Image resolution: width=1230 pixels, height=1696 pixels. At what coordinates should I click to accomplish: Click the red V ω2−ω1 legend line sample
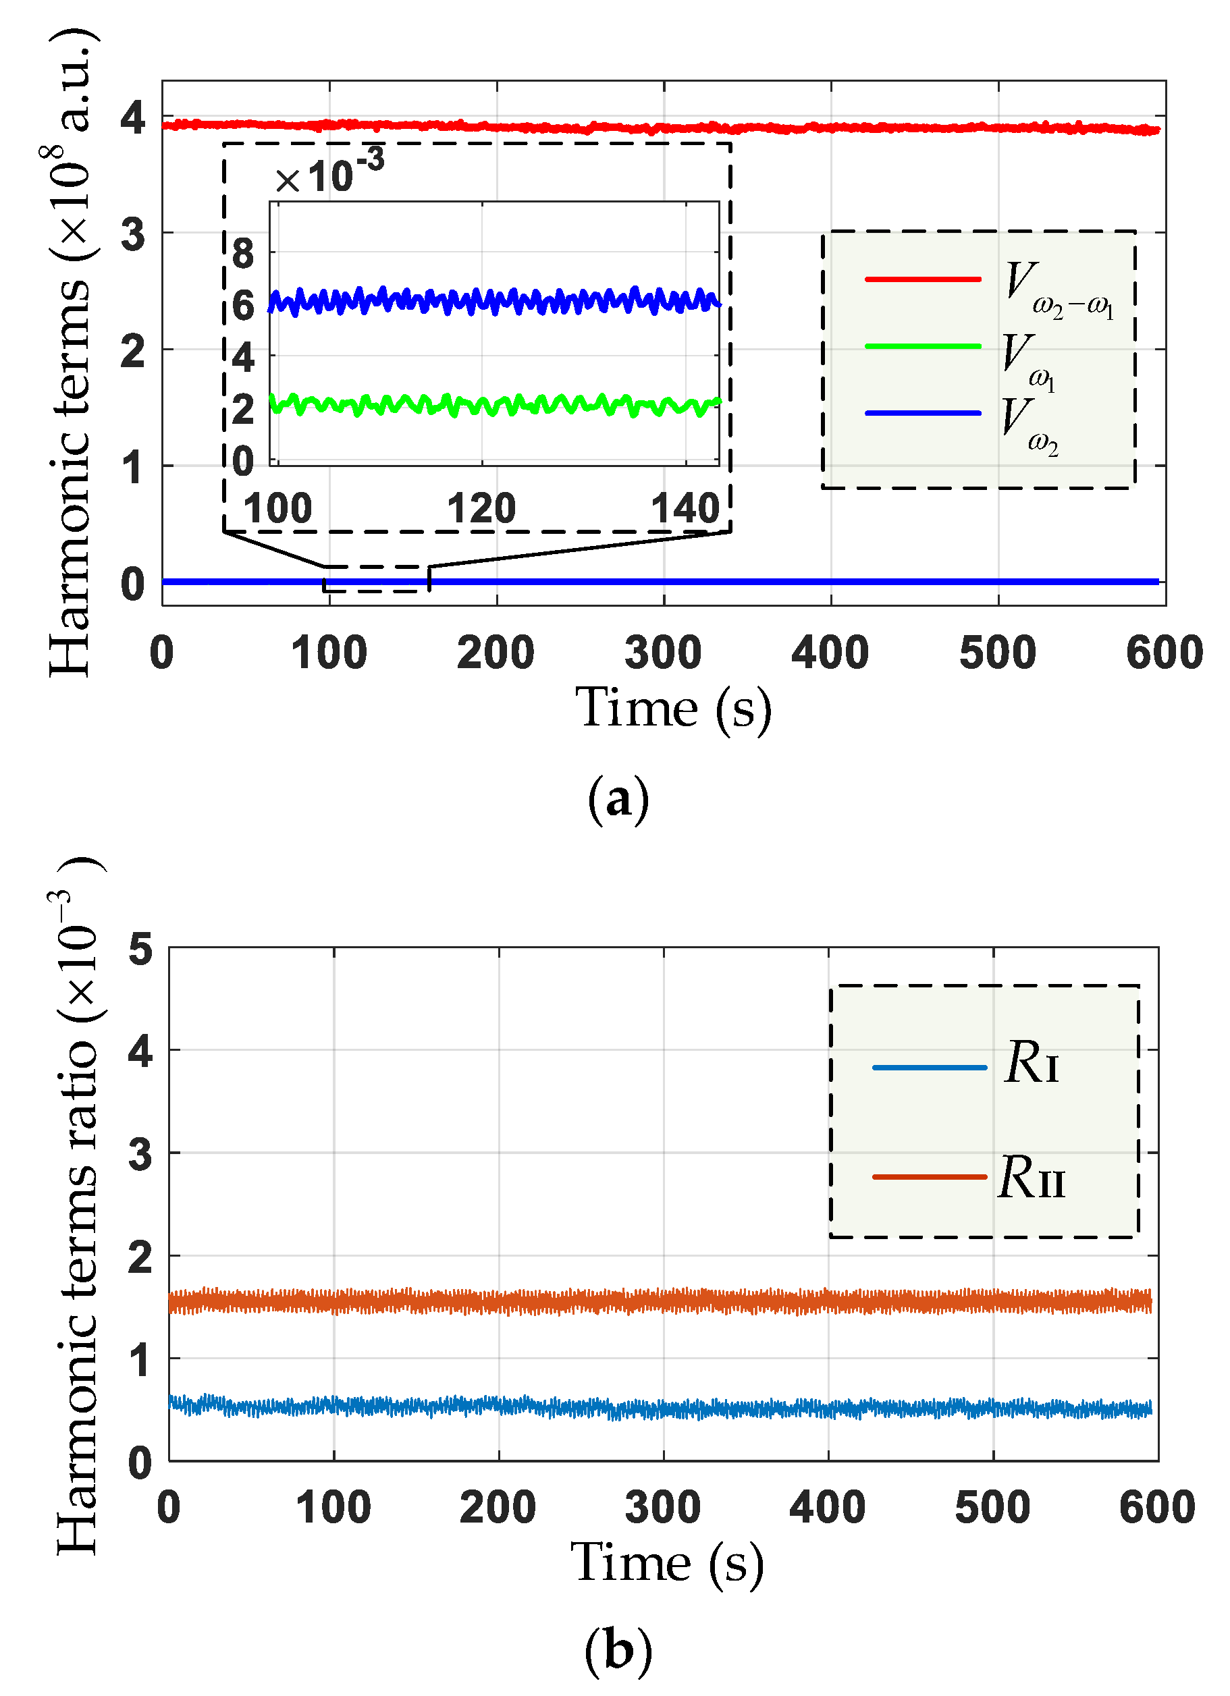click(x=921, y=279)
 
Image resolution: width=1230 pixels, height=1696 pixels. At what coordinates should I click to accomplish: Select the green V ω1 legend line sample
click(x=921, y=346)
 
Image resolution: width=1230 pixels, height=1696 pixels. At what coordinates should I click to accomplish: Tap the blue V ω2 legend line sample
click(x=921, y=413)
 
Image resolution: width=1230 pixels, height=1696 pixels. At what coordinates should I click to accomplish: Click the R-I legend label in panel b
click(x=1031, y=1063)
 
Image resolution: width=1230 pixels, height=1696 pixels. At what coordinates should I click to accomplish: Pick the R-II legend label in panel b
click(x=1031, y=1178)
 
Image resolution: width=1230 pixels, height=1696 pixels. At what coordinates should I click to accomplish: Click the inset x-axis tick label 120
click(x=481, y=508)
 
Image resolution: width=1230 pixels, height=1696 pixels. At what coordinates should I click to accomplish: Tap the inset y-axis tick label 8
click(x=243, y=254)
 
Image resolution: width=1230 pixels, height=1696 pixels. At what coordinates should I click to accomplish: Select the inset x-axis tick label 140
click(x=685, y=508)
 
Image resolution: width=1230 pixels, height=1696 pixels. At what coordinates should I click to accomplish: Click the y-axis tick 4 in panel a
click(x=133, y=118)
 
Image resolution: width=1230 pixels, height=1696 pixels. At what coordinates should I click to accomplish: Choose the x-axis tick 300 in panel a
click(x=663, y=653)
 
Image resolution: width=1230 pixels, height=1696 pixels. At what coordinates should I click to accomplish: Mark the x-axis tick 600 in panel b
click(x=1156, y=1507)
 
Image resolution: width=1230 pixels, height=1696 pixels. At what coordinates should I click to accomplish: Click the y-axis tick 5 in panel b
click(x=140, y=949)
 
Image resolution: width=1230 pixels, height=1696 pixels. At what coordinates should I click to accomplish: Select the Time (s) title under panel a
click(x=672, y=709)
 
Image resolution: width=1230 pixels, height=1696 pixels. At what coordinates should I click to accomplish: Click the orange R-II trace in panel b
click(x=658, y=1301)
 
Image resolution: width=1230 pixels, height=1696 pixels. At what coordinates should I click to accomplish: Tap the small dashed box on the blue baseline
click(x=375, y=579)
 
